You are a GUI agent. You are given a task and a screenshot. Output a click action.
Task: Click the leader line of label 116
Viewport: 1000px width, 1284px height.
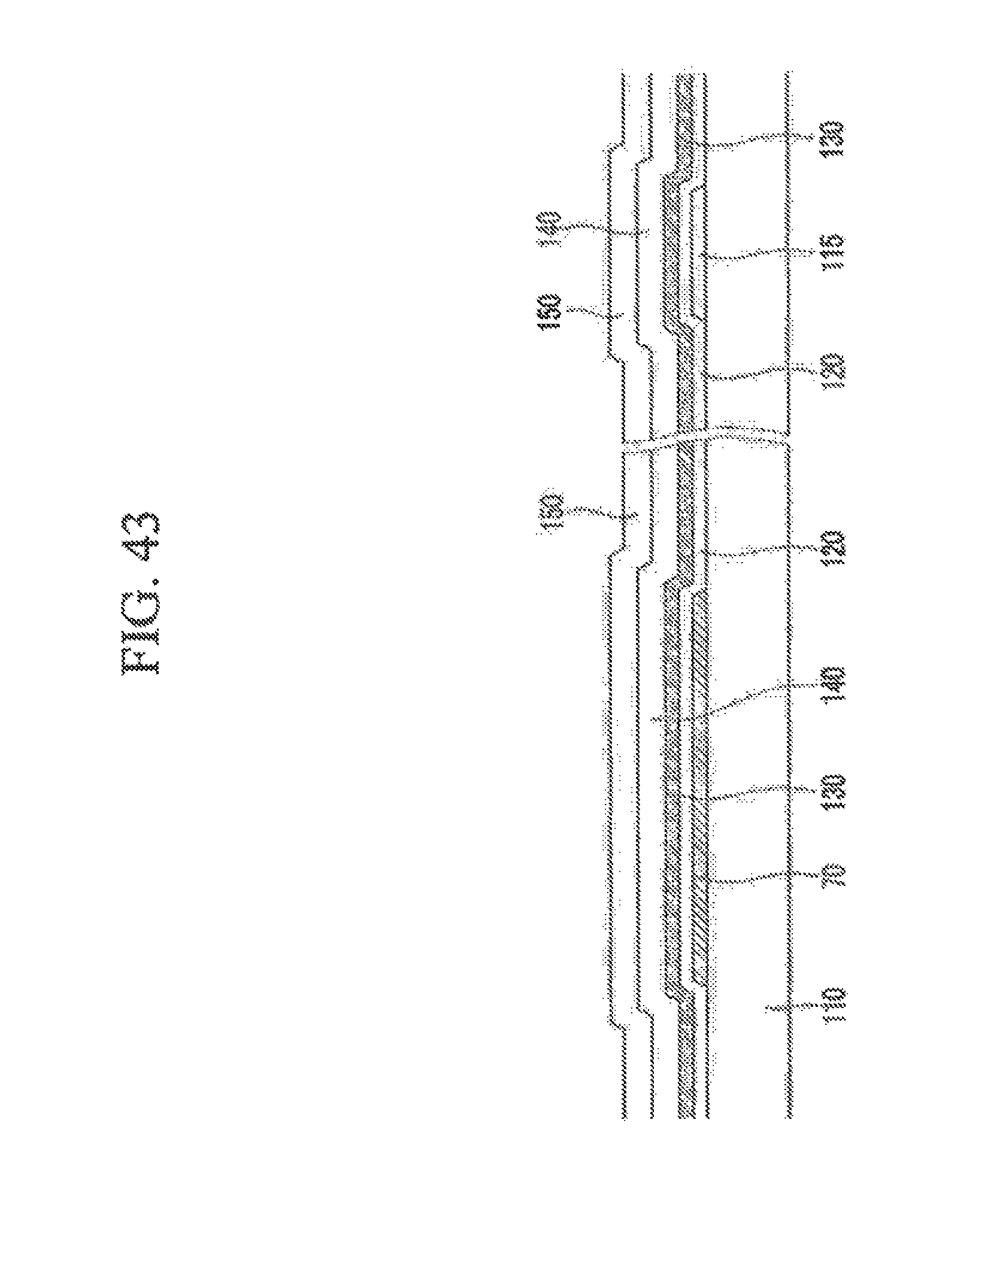[749, 254]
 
